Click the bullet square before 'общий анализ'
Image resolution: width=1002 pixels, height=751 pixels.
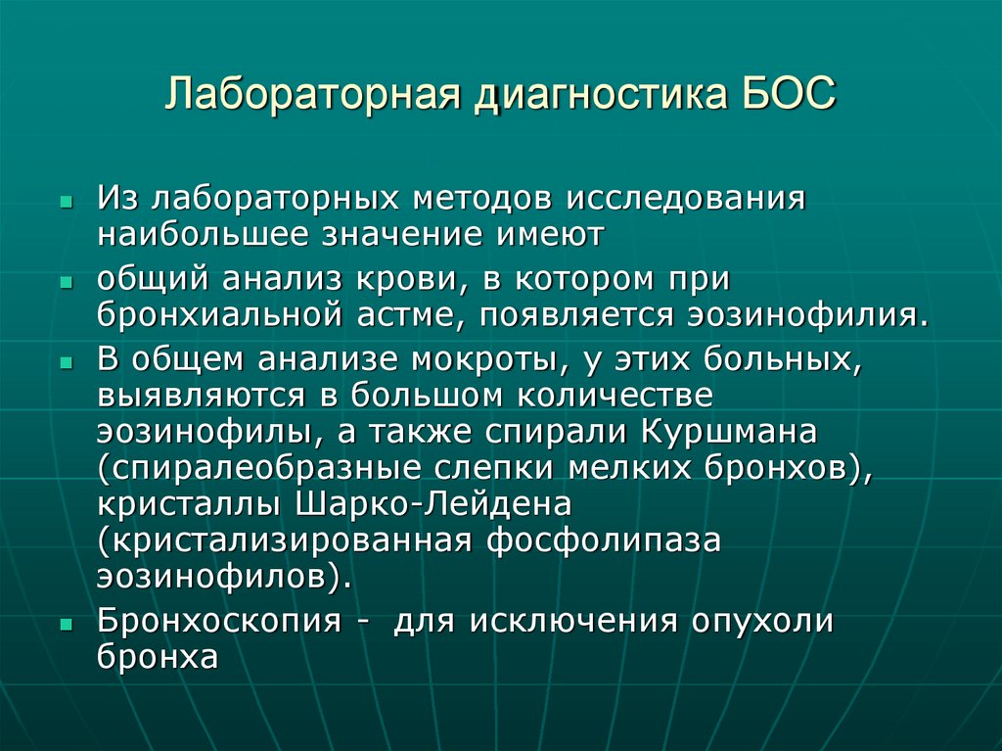[x=65, y=280]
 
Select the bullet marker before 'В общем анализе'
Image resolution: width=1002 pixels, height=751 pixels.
[x=65, y=360]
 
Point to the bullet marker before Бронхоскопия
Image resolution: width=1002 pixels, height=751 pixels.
[x=65, y=623]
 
